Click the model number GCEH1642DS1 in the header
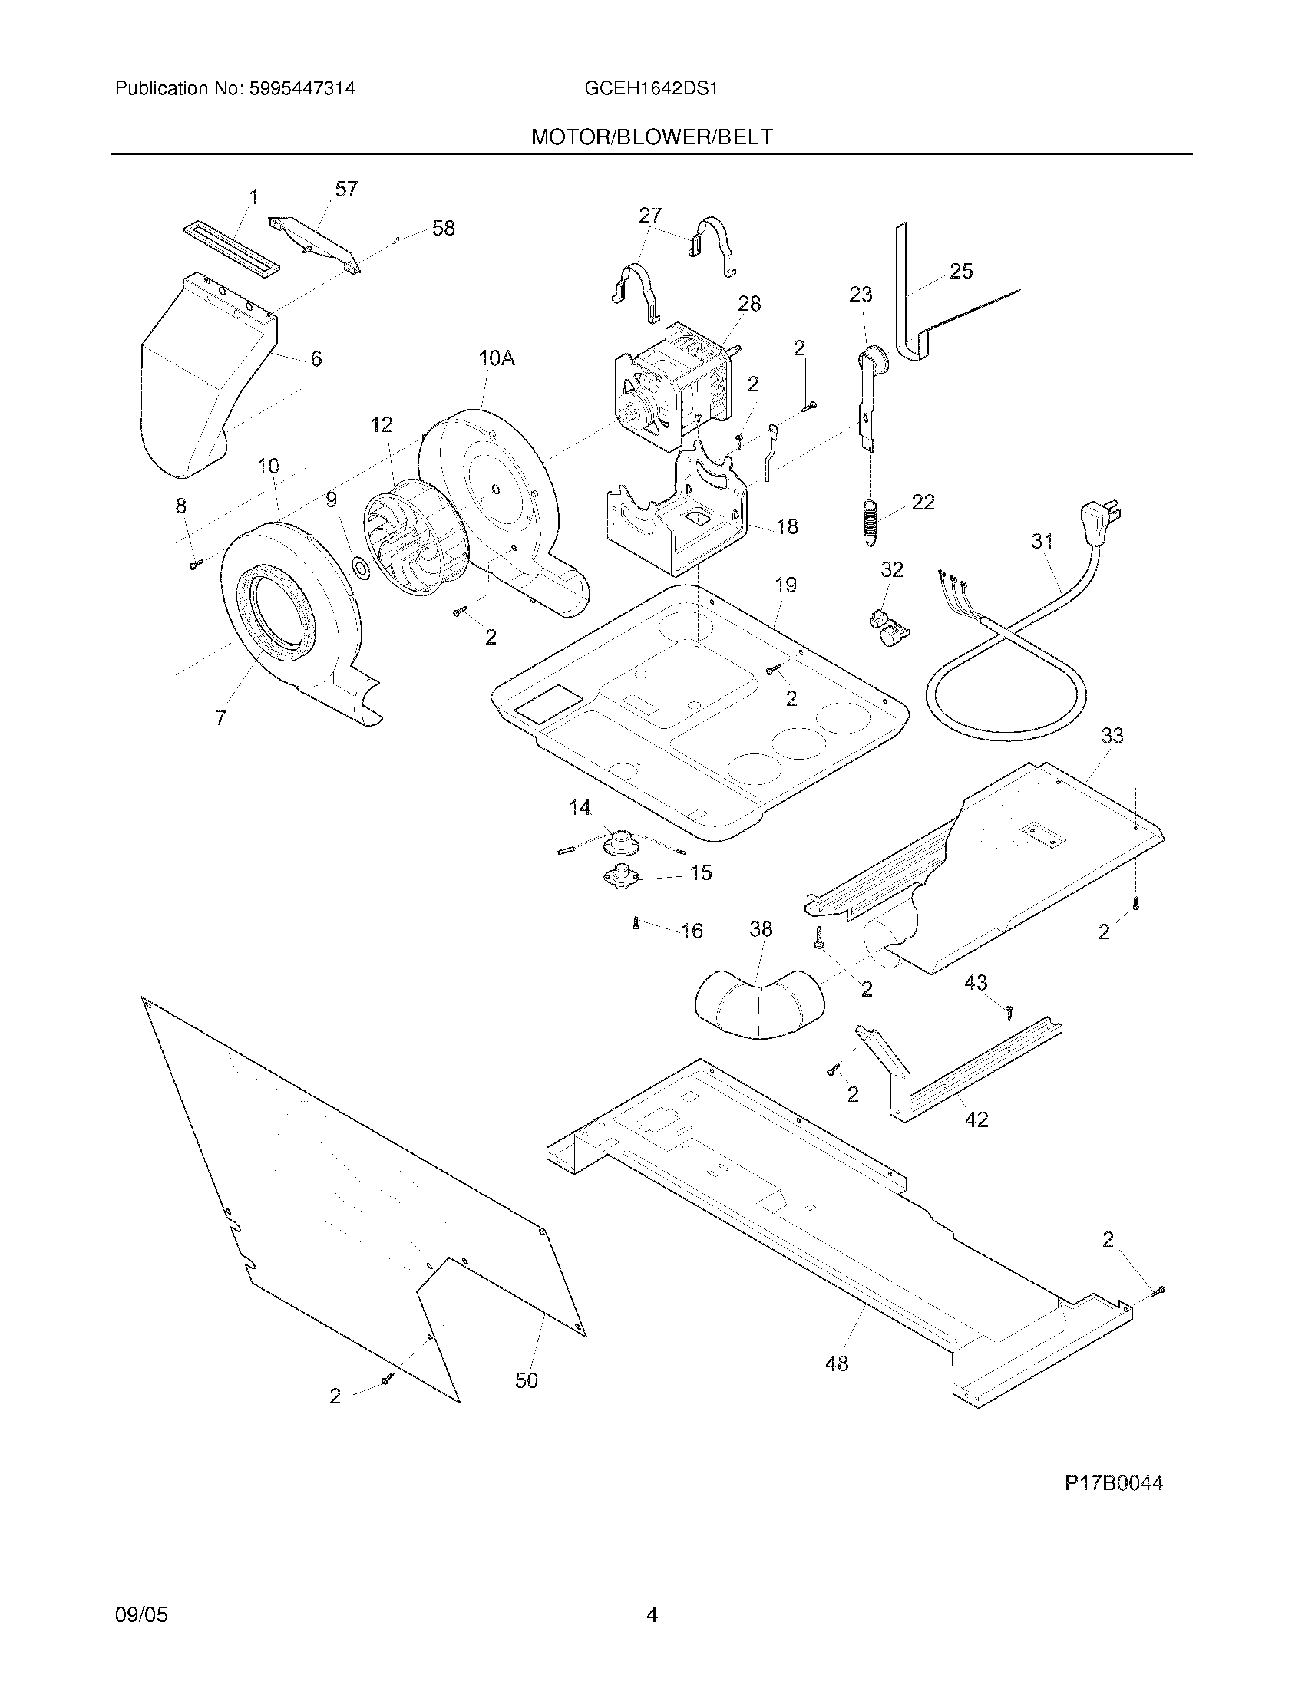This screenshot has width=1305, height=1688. pos(651,88)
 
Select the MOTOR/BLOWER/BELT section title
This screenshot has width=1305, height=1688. pos(651,137)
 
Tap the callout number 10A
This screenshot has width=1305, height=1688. pos(497,358)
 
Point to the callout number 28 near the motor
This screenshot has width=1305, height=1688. pos(748,304)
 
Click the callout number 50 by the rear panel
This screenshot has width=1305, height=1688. pos(527,1380)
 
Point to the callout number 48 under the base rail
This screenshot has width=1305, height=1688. pos(837,1363)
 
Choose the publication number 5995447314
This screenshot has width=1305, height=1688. pos(302,88)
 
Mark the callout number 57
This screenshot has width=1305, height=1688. pos(345,190)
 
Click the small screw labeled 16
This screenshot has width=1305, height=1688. pos(636,923)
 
